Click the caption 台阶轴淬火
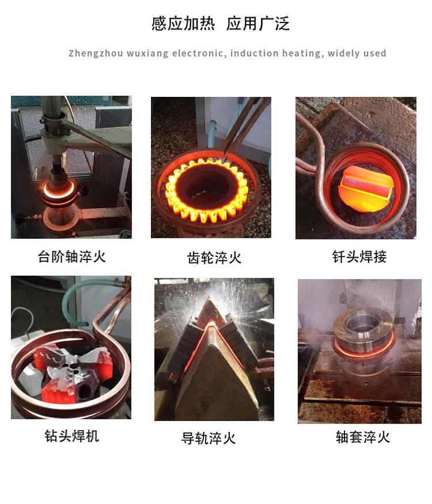point(71,257)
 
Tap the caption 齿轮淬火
point(214,258)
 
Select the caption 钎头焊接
point(359,257)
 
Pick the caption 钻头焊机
point(71,436)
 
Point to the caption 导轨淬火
point(209,438)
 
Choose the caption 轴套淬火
point(363,437)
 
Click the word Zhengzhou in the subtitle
point(96,54)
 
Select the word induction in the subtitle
point(254,54)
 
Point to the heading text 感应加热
point(183,24)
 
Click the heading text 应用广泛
point(257,24)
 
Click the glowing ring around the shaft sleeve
point(363,351)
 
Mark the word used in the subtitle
point(376,54)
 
